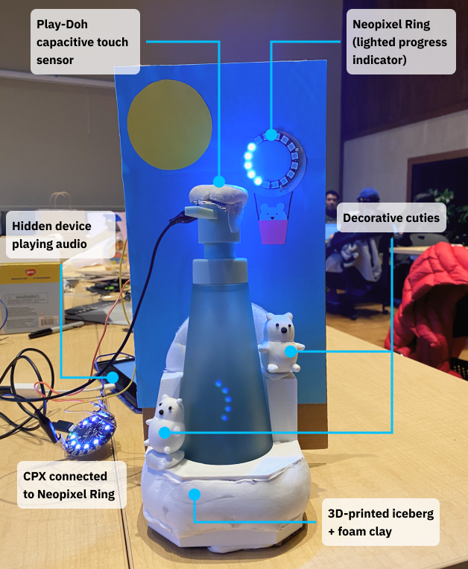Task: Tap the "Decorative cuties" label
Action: pyautogui.click(x=391, y=220)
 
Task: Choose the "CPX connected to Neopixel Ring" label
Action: pyautogui.click(x=71, y=485)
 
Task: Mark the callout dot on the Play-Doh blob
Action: pyautogui.click(x=220, y=181)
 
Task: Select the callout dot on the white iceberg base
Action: pyautogui.click(x=195, y=493)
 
